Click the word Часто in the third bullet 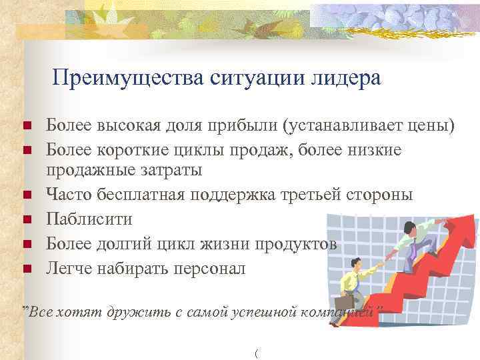click(x=68, y=195)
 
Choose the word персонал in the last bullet click(x=208, y=269)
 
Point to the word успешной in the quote click(x=261, y=312)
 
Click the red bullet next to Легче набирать click(x=26, y=269)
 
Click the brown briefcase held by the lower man click(x=350, y=286)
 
